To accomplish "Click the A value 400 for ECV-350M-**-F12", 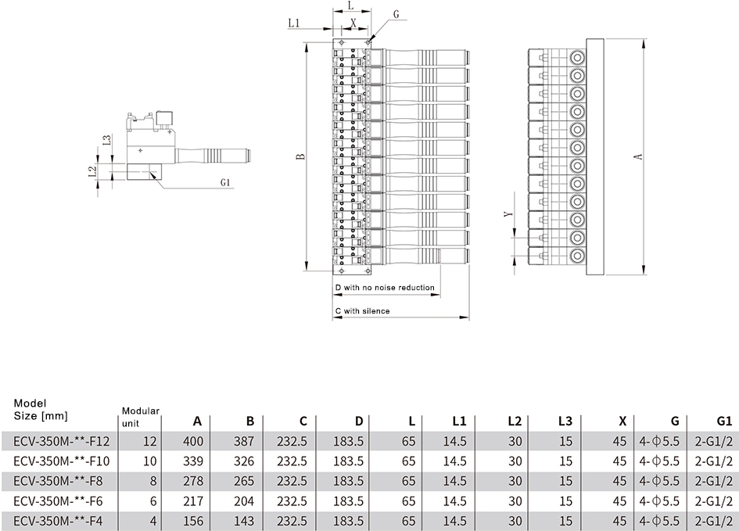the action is tap(193, 442).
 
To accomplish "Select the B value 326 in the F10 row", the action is tap(244, 461).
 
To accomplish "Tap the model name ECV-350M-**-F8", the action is tap(58, 481).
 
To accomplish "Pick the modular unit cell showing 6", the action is tap(152, 501).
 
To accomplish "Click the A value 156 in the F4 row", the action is tap(193, 521).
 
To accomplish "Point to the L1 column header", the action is tap(458, 421).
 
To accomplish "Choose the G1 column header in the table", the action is tap(724, 421).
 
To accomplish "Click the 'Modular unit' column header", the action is tap(141, 417).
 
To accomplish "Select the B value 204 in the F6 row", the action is tap(244, 501).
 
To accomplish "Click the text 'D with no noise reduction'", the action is tap(385, 288).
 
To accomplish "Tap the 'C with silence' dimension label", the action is tap(362, 311).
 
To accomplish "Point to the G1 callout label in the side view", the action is tap(224, 182).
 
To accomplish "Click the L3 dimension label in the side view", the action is tap(107, 141).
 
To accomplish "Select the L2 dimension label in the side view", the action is tap(92, 171).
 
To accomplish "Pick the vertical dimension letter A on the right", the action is tap(639, 156).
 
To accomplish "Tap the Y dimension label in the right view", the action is tap(508, 214).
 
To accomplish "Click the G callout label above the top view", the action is tap(396, 15).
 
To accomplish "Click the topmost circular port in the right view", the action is tap(576, 58).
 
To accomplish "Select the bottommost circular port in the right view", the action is tap(576, 256).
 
